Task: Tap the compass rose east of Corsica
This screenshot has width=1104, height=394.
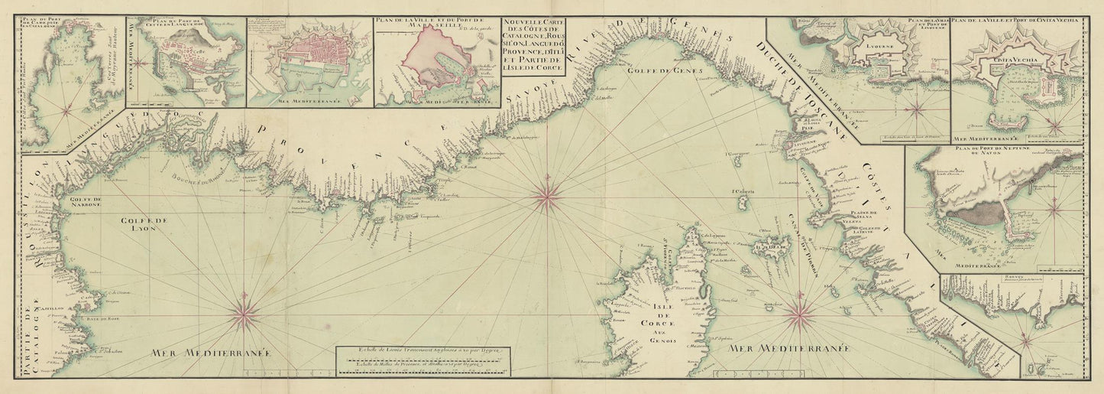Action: tap(800, 311)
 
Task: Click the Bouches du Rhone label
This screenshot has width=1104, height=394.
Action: tap(205, 182)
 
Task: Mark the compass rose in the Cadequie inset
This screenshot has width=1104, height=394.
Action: tap(66, 109)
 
